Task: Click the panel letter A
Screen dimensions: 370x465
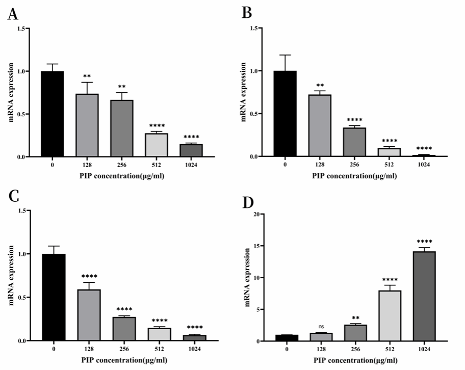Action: pos(13,14)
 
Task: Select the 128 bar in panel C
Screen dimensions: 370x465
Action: pos(88,314)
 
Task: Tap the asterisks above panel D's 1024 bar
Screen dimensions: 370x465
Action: pos(422,242)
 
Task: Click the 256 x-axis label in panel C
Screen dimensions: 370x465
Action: pos(124,350)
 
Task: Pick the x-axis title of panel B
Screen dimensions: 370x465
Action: pos(354,176)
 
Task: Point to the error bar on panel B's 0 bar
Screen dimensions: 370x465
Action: pos(285,63)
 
